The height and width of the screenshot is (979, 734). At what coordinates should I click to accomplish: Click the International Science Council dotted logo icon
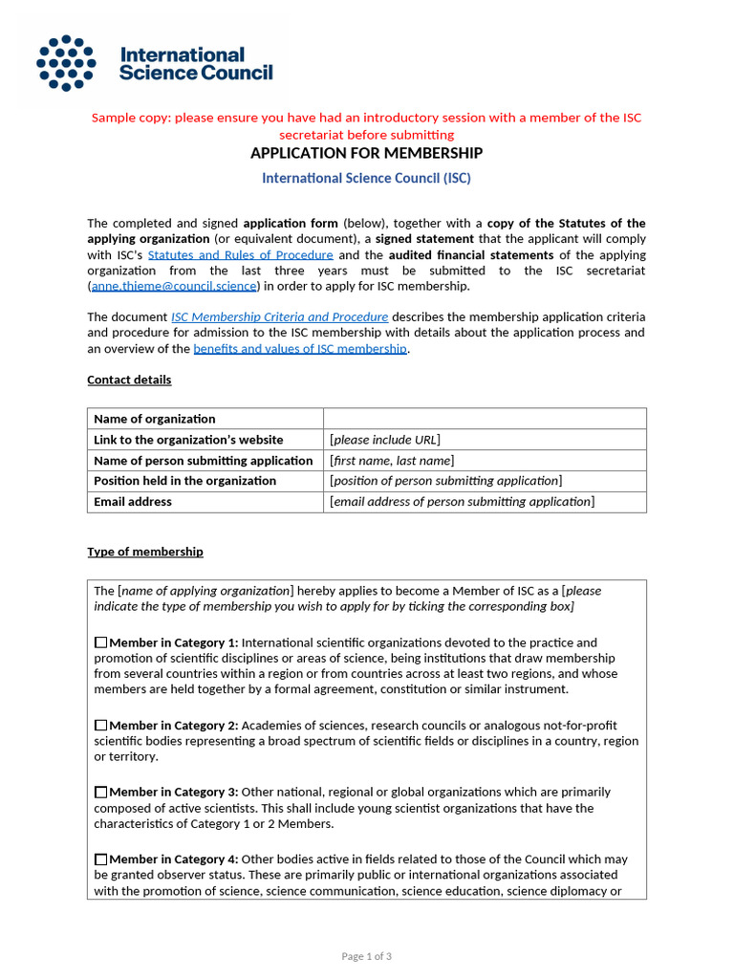click(x=66, y=63)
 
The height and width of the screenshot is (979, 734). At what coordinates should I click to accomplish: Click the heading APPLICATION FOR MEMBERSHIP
click(x=366, y=153)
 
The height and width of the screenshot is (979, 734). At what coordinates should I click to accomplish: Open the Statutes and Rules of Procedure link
click(x=240, y=255)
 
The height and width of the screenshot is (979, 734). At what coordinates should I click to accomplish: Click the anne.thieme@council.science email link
click(x=174, y=286)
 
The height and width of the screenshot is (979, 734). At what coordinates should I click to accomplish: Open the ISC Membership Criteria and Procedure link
click(x=279, y=316)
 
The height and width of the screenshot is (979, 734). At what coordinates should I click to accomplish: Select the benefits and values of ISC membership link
click(x=300, y=348)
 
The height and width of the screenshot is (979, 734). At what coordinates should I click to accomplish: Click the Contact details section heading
click(x=129, y=380)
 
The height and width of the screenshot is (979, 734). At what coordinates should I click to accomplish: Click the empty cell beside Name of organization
click(x=485, y=419)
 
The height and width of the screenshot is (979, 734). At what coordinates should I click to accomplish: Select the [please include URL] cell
click(x=485, y=440)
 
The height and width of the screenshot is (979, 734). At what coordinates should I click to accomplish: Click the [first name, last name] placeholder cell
click(x=485, y=461)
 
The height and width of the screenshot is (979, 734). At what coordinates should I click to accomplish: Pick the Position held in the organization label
click(x=184, y=481)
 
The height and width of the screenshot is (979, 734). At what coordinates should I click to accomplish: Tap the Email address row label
click(x=133, y=502)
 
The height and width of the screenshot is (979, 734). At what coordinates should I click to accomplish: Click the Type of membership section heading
click(x=144, y=552)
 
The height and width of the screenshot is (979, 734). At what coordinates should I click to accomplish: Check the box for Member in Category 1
click(x=101, y=643)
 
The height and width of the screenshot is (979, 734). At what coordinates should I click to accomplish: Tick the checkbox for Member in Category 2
click(x=101, y=726)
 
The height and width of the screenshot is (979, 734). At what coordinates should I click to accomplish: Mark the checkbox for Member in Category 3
click(x=101, y=793)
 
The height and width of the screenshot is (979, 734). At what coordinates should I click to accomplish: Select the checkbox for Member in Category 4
click(x=101, y=859)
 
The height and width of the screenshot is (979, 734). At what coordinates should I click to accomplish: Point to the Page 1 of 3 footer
click(x=366, y=956)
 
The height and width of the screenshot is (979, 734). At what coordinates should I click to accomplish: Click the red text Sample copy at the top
click(x=366, y=118)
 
